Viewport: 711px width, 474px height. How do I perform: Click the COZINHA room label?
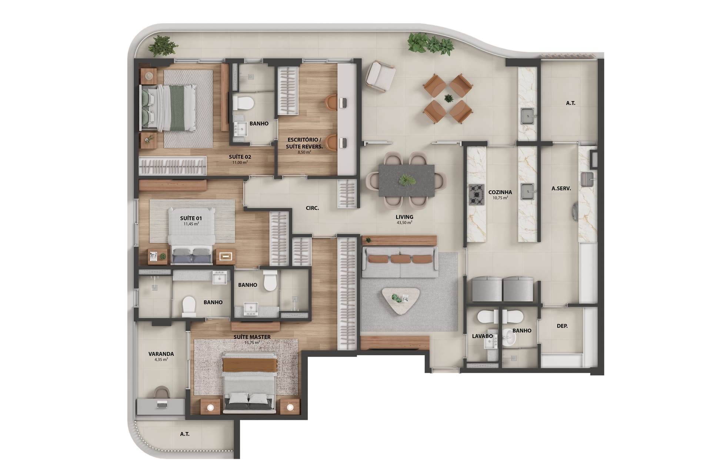(x=500, y=192)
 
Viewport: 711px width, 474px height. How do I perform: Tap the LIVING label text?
(x=404, y=217)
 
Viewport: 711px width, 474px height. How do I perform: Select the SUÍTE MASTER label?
(x=252, y=337)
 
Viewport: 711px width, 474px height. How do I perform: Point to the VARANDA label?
(x=161, y=354)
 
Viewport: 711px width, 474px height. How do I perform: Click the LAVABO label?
(x=482, y=336)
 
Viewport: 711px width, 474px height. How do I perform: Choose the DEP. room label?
(x=562, y=326)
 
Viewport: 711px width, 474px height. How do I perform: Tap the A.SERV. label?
(x=561, y=188)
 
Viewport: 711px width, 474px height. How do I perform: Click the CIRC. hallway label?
(x=312, y=208)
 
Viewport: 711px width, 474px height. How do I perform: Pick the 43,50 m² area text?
(x=404, y=223)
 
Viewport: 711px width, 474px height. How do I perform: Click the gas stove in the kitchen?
(x=476, y=194)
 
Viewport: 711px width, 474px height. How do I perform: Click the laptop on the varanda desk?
(x=162, y=404)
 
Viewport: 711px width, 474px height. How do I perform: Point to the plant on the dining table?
(x=407, y=181)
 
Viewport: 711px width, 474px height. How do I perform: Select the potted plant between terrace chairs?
(x=448, y=99)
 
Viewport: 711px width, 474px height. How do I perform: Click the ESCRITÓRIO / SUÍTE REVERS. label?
(x=304, y=143)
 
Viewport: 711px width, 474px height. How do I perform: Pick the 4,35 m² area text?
(x=161, y=359)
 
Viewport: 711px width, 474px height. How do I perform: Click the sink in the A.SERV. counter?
(x=587, y=180)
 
